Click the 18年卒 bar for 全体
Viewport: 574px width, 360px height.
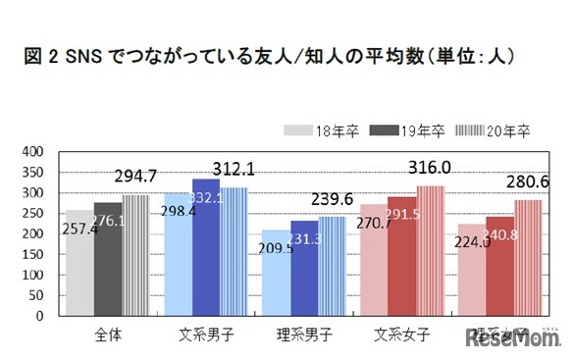coord(78,265)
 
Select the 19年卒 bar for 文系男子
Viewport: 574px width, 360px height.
coord(206,249)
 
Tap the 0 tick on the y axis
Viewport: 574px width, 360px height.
coord(39,318)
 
